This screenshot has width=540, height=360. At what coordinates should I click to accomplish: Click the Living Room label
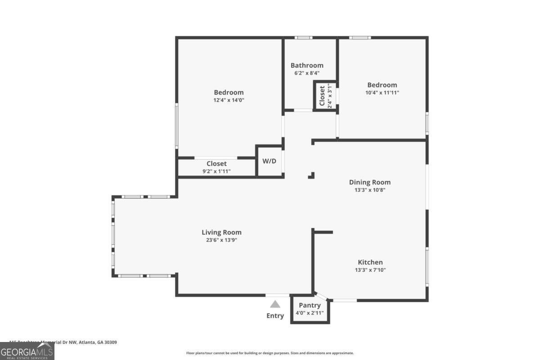point(221,232)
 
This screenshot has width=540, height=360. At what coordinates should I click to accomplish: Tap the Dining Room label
point(370,182)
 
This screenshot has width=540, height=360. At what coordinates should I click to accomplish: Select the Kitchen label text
point(370,262)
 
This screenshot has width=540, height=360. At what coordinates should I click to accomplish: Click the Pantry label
point(310,306)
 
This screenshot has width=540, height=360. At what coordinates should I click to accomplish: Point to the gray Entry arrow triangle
point(275,305)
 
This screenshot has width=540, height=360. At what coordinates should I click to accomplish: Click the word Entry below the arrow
point(275,316)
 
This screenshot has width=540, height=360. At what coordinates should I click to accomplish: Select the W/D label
point(270,161)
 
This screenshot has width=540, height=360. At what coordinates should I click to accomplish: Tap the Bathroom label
point(307,65)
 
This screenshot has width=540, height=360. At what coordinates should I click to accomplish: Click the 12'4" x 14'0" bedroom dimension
point(229,100)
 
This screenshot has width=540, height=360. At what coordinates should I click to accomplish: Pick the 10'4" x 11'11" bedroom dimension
point(382,93)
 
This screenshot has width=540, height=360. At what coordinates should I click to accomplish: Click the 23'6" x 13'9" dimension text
point(221,240)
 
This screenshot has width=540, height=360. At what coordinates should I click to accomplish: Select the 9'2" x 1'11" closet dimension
point(216,171)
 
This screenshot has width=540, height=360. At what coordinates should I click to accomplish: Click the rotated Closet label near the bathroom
point(322,95)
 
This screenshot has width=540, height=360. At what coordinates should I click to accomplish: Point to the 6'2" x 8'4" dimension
point(307,73)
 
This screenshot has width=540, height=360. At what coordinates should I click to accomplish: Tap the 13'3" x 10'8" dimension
point(370,190)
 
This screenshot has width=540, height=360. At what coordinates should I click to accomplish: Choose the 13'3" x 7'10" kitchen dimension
point(370,270)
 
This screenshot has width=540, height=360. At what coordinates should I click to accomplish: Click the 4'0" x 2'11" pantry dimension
point(310,313)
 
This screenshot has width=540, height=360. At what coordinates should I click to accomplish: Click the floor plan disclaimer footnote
point(270,353)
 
